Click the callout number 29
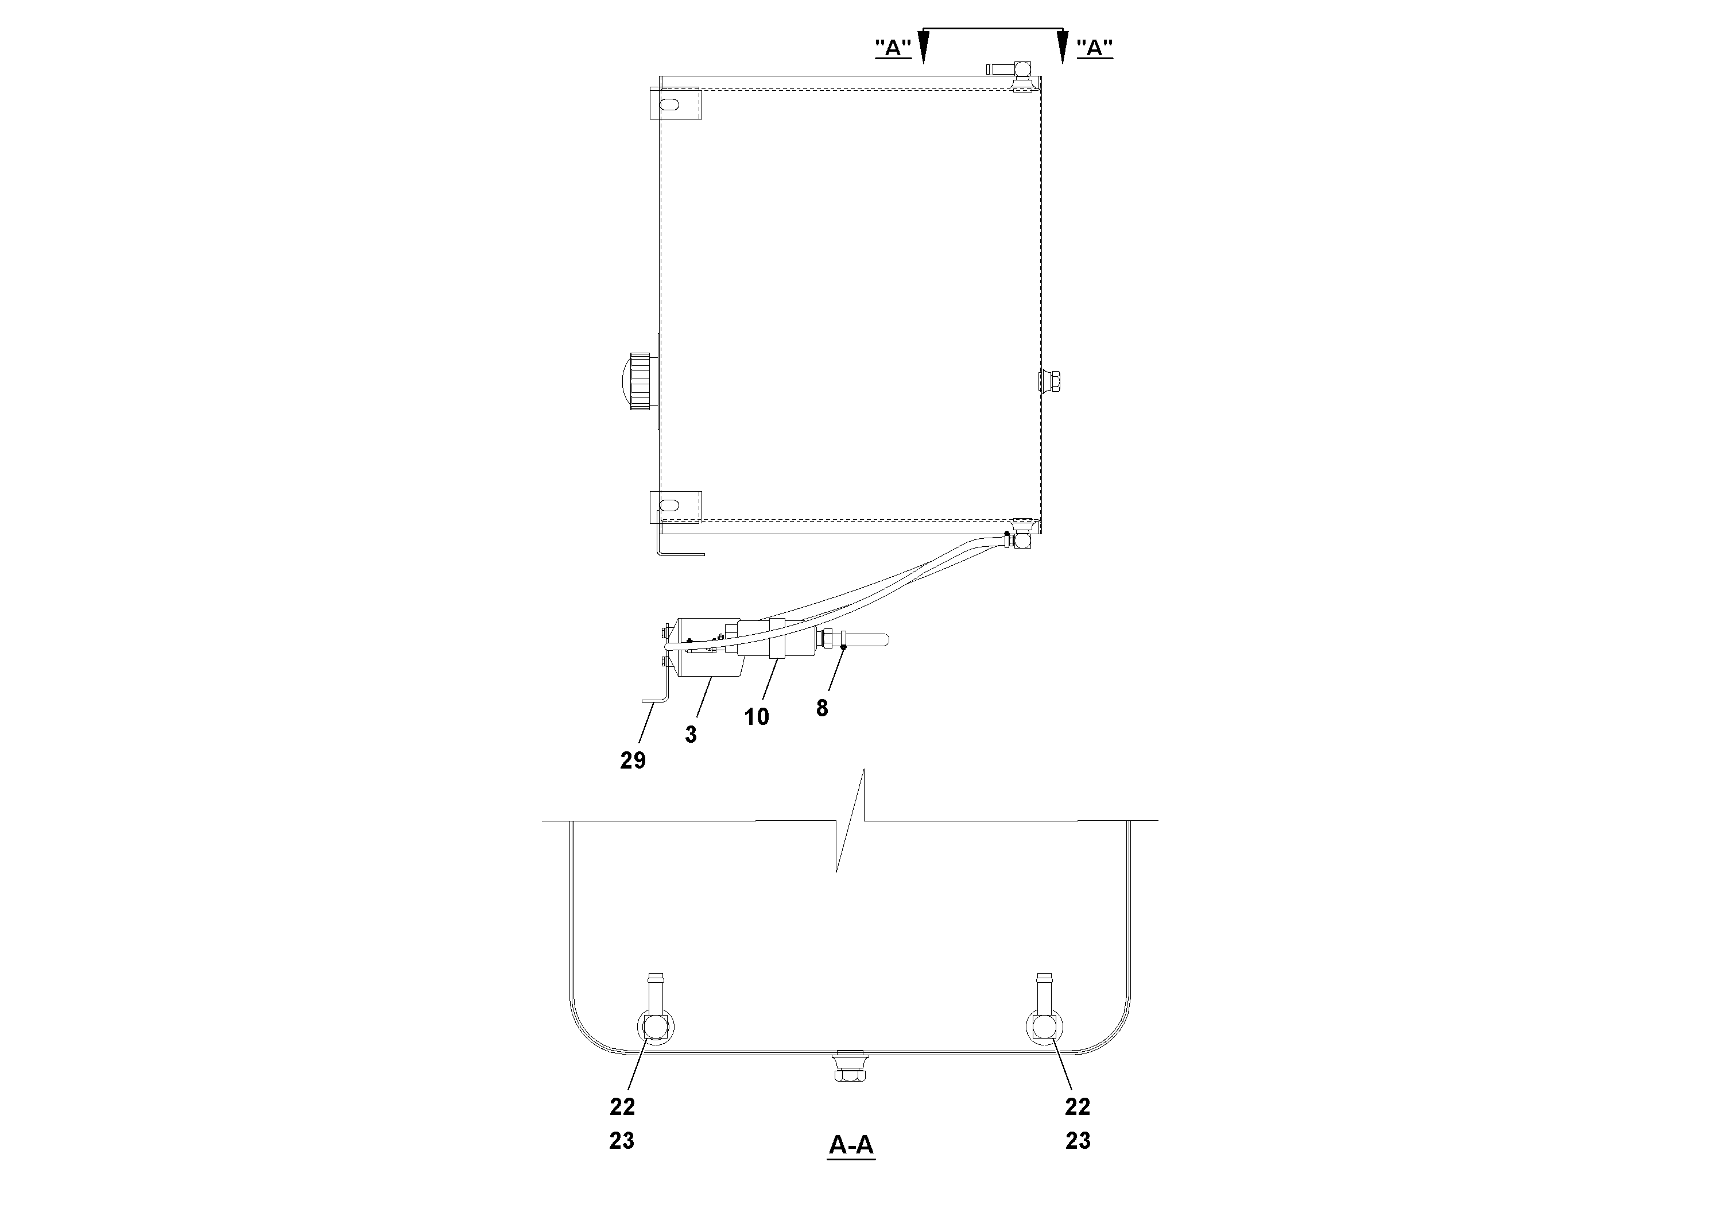[633, 761]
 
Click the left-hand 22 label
[622, 1107]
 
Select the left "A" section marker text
[893, 48]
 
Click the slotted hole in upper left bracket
[669, 105]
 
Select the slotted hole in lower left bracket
[669, 505]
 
